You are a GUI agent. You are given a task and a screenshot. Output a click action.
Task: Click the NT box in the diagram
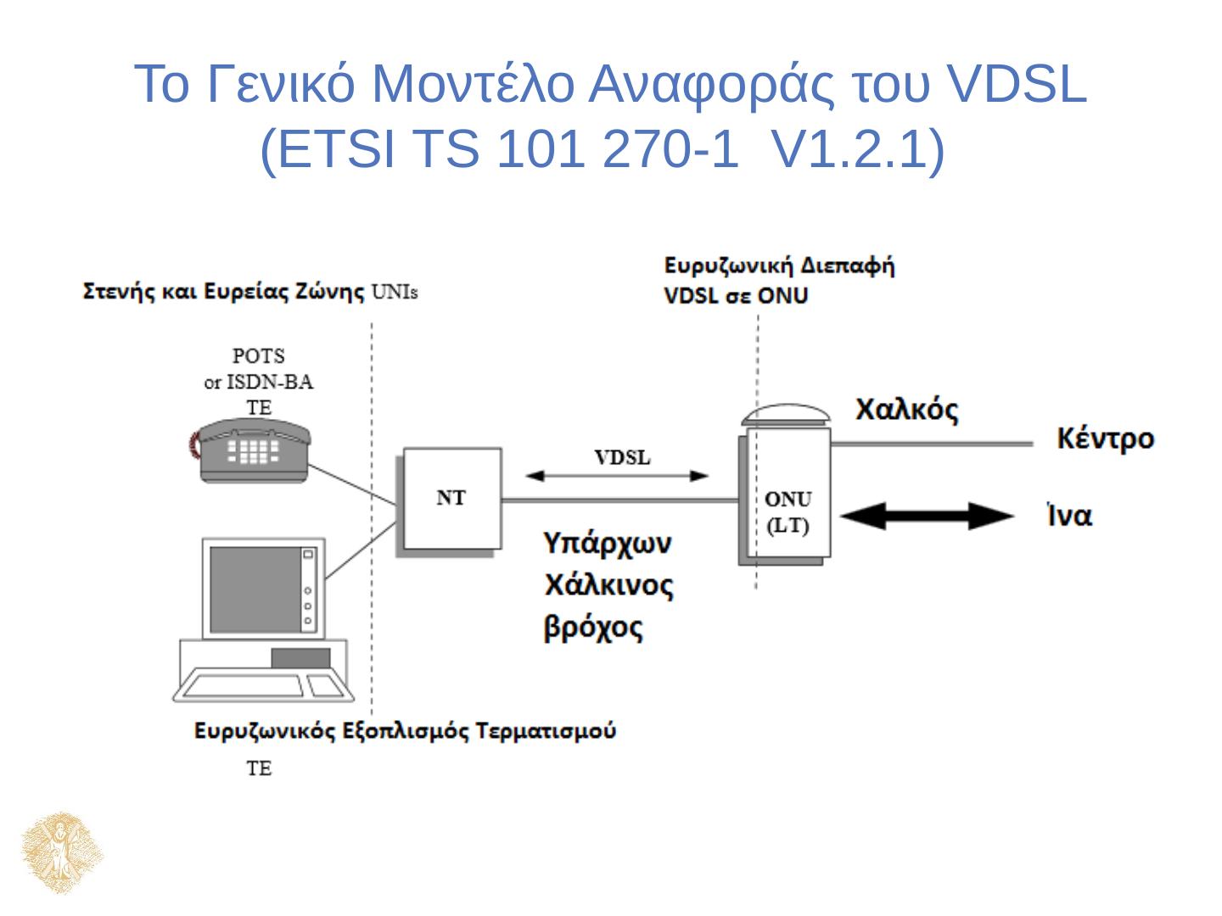click(451, 500)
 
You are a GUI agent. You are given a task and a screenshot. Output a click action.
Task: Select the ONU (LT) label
click(788, 511)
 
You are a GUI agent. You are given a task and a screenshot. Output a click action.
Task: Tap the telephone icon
click(250, 450)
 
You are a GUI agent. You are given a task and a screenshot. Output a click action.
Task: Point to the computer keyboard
click(245, 686)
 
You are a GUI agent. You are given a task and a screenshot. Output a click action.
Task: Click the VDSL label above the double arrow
click(622, 458)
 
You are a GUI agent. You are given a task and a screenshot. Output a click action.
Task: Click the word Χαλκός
click(906, 411)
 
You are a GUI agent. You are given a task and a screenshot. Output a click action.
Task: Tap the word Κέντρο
click(1105, 439)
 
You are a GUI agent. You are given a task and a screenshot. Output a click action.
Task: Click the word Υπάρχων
click(608, 542)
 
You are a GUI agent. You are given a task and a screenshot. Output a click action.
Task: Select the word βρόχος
click(593, 628)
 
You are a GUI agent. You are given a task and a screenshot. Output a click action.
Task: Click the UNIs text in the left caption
click(395, 293)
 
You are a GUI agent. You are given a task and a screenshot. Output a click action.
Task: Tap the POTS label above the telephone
click(259, 355)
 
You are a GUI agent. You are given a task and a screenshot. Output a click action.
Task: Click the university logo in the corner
click(61, 853)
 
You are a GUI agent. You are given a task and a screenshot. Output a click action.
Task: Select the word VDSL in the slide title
click(1016, 84)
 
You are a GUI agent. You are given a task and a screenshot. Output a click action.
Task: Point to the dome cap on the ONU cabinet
click(786, 415)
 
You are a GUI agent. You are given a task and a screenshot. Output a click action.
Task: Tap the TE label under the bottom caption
click(259, 768)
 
